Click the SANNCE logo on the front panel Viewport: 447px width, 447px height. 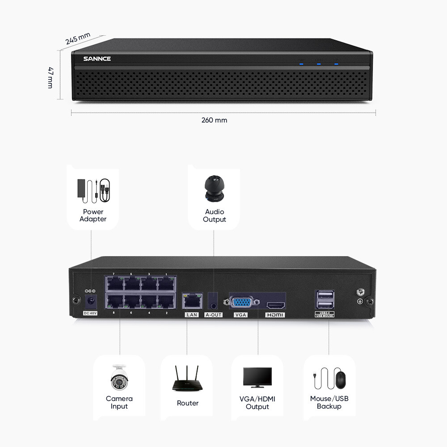(97, 59)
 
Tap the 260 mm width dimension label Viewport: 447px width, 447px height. (214, 120)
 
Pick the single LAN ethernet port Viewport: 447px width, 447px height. (191, 300)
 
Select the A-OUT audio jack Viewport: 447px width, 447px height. (214, 302)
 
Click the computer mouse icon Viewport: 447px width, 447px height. (340, 380)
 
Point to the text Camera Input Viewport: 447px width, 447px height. (119, 402)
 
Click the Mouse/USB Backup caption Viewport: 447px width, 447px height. (329, 402)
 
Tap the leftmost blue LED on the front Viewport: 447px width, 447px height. (301, 64)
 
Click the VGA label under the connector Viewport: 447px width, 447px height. (240, 315)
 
